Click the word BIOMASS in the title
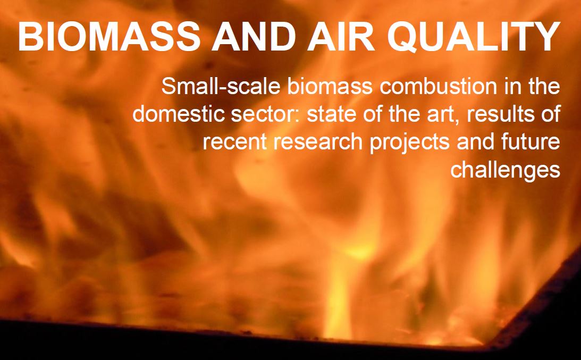(x=110, y=36)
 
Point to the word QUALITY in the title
(x=473, y=37)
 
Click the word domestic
(x=179, y=114)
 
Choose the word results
(x=501, y=114)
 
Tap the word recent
(x=234, y=143)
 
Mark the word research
(x=318, y=141)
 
